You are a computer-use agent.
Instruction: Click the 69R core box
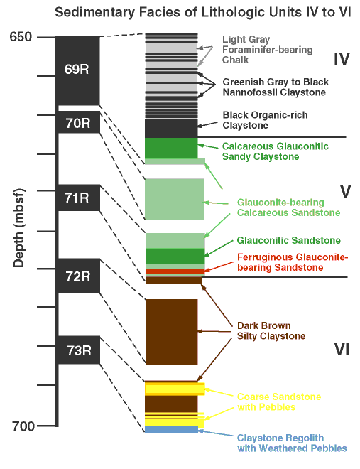click(77, 70)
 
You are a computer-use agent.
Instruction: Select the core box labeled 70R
click(79, 122)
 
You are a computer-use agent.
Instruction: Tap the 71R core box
click(79, 198)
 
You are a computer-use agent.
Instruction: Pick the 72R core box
click(79, 276)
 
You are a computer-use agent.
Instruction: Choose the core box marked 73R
click(79, 350)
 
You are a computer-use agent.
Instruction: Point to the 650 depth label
click(21, 37)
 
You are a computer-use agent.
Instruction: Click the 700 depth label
click(23, 426)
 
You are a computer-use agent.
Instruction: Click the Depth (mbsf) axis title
click(18, 227)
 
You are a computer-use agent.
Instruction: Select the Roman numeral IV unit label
click(341, 59)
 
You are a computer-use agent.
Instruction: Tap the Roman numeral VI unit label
click(342, 349)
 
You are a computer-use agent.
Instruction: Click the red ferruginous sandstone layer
click(175, 271)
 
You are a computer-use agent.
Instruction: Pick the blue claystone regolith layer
click(172, 430)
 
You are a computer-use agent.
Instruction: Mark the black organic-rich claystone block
click(171, 129)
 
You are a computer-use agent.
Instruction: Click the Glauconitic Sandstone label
click(288, 240)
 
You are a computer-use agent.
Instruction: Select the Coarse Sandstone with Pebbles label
click(279, 401)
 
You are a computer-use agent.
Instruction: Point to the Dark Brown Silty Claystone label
click(271, 331)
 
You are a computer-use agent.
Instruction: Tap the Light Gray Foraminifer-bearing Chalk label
click(268, 50)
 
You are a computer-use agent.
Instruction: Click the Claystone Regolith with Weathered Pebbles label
click(292, 443)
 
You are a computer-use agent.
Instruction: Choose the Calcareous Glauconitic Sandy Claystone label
click(276, 151)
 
